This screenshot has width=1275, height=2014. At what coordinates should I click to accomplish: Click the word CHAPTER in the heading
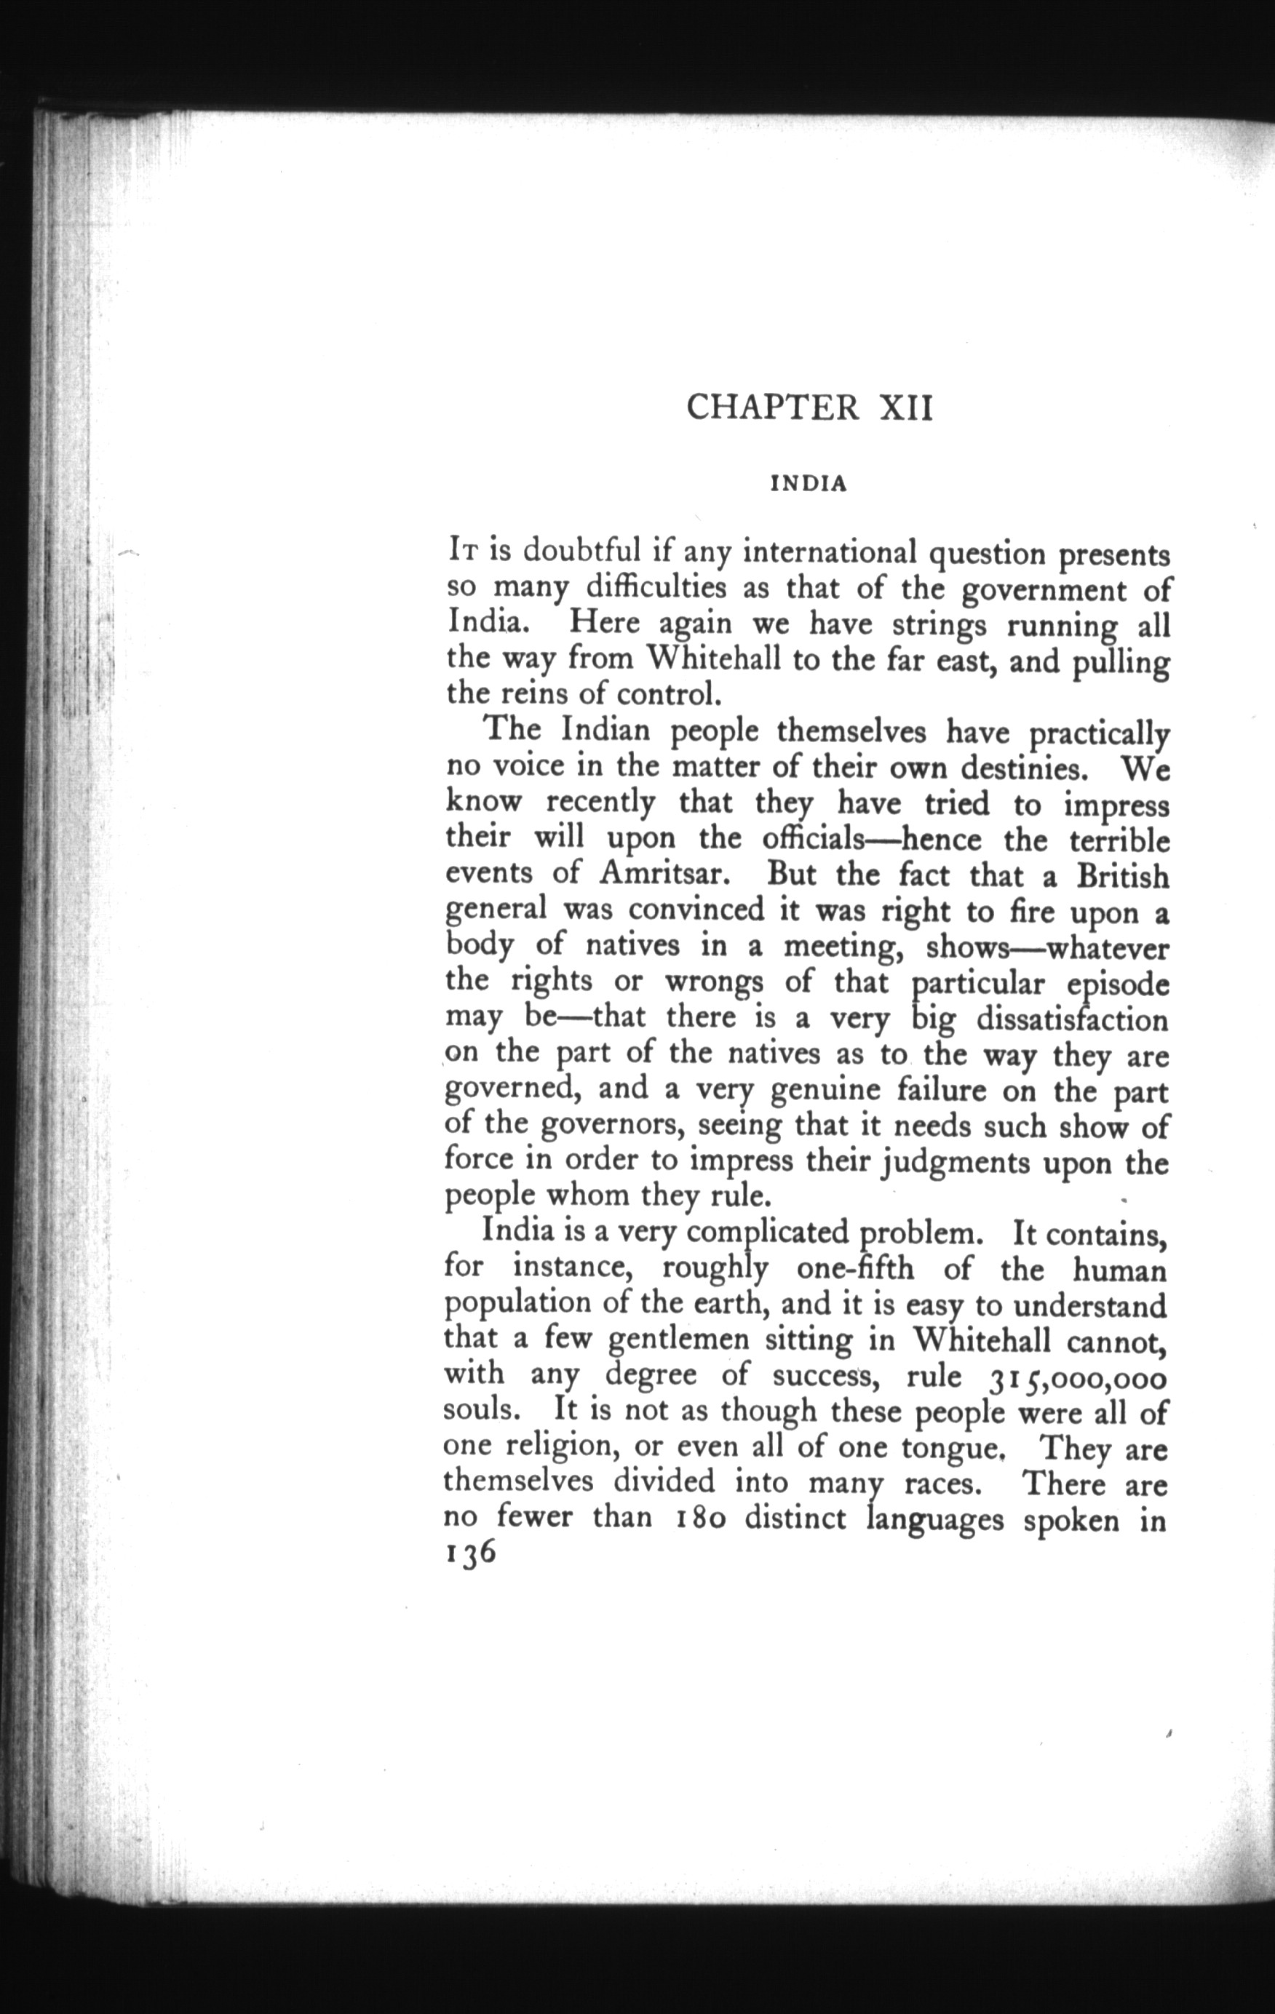click(772, 408)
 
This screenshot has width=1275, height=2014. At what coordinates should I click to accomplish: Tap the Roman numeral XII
click(906, 408)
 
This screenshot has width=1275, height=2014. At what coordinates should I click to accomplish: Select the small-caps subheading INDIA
click(809, 485)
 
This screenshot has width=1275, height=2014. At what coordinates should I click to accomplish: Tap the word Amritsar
click(667, 874)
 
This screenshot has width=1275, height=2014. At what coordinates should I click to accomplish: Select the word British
click(1122, 876)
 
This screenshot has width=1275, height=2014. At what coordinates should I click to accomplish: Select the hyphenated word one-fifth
click(855, 1269)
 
